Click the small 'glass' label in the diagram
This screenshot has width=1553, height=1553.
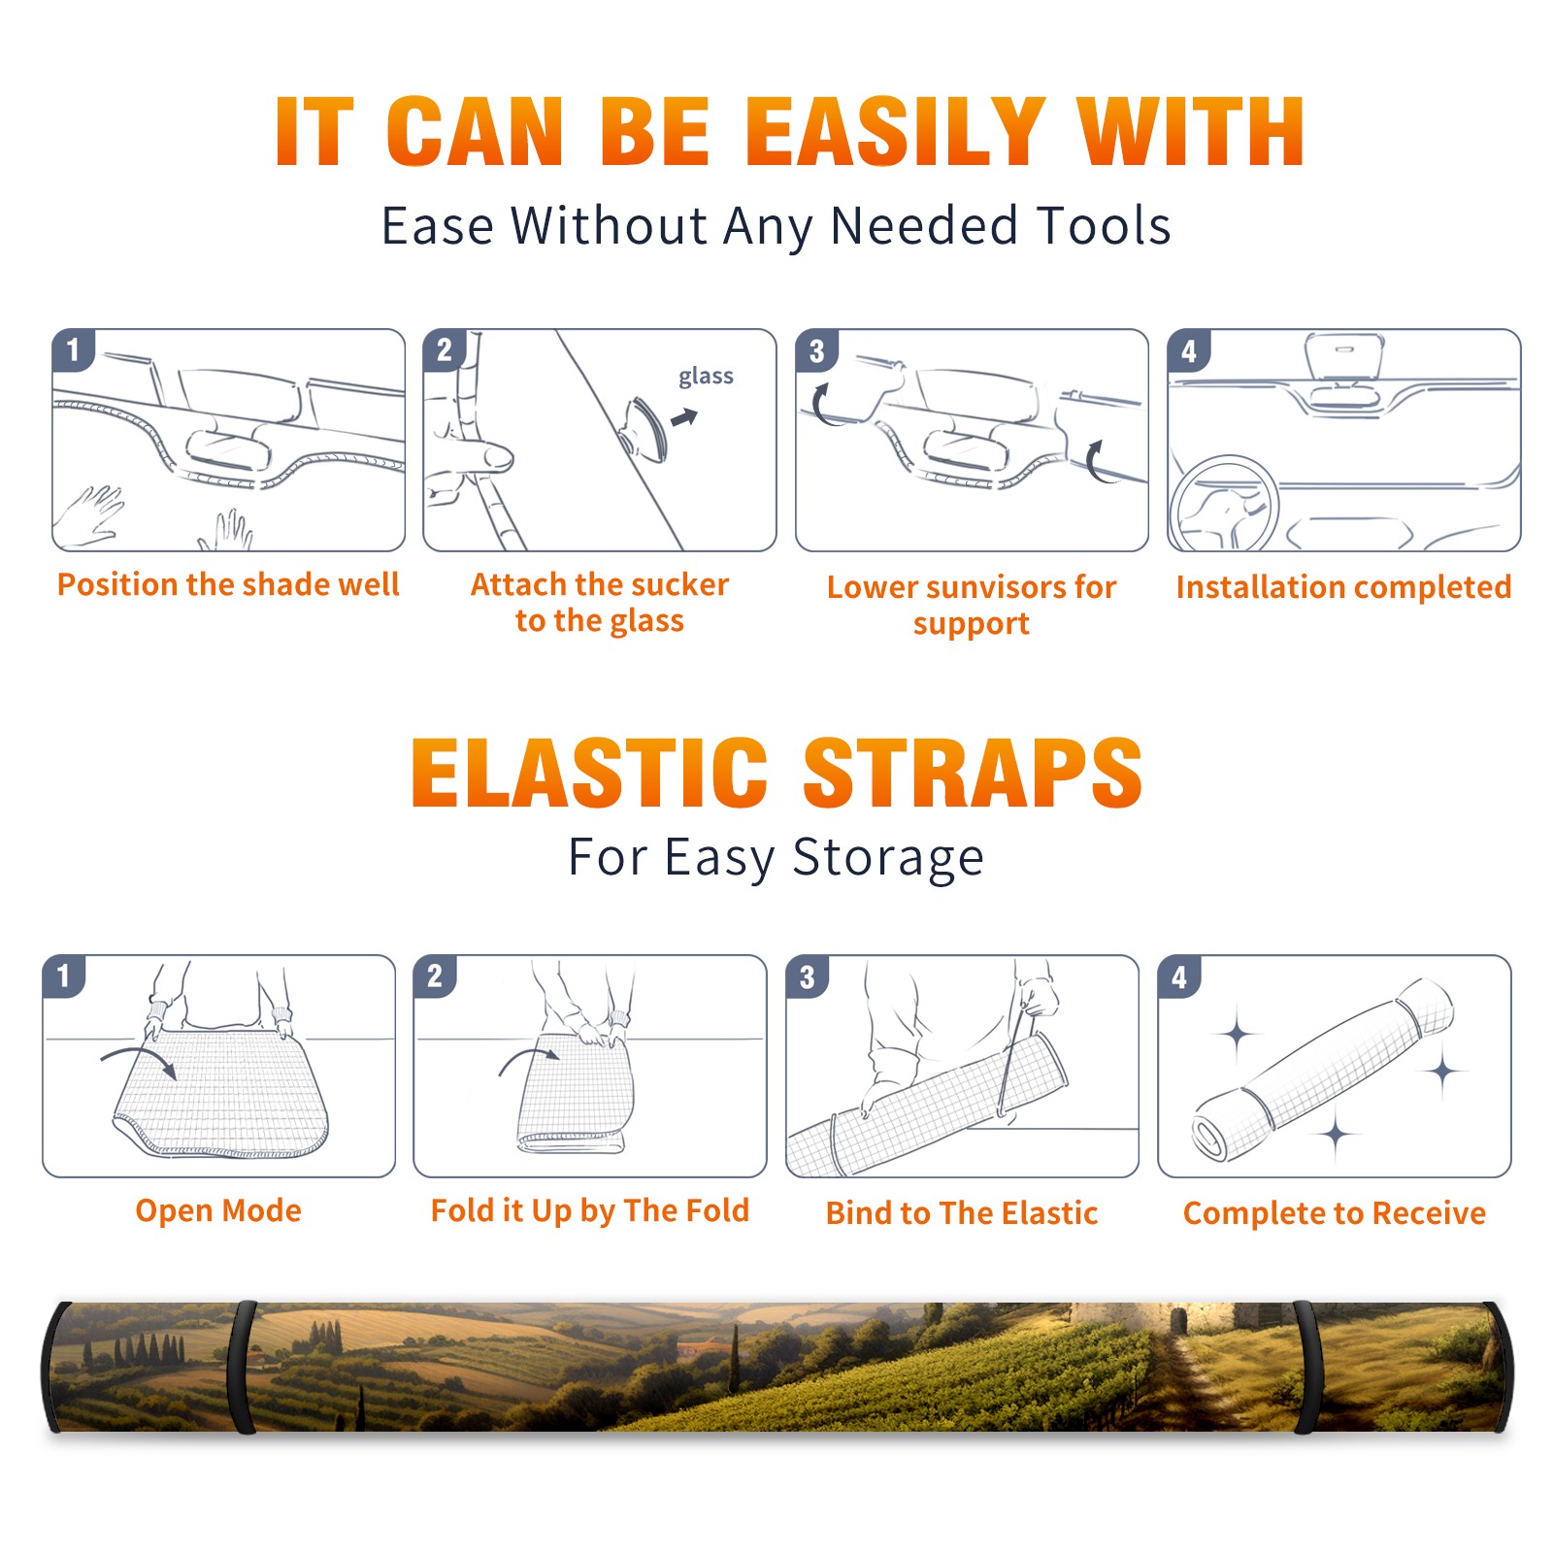pos(706,377)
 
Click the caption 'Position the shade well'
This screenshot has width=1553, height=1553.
pos(228,584)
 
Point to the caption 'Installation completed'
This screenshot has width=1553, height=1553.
pos(1343,587)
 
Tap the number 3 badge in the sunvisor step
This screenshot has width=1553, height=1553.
pos(816,350)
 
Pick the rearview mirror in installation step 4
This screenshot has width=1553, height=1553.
pos(1343,357)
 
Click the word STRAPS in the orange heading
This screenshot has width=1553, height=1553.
pos(973,773)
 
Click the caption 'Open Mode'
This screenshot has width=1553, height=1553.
pos(218,1210)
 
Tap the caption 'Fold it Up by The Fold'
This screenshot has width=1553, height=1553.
pos(590,1210)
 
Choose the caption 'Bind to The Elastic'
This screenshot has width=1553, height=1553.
pos(962,1213)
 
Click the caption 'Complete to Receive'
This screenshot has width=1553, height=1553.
pos(1335,1213)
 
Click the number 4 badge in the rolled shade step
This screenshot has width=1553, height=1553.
pos(1179,976)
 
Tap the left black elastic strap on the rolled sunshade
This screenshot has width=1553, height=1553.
pos(242,1367)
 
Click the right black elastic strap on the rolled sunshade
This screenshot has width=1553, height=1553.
pos(1305,1367)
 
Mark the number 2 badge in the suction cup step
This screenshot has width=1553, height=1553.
pos(445,349)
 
